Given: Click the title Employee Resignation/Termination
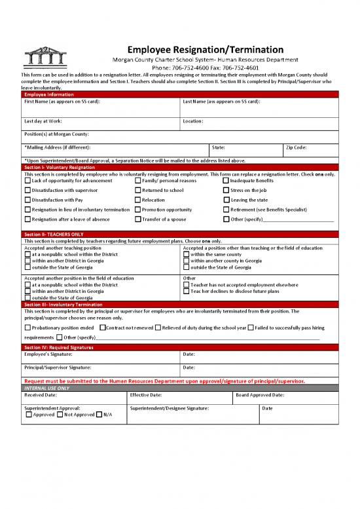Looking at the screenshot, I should tap(205, 50).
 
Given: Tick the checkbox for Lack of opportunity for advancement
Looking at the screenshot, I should tap(27, 181).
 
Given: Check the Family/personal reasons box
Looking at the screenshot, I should tap(138, 181).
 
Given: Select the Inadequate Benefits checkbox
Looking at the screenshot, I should tap(226, 181).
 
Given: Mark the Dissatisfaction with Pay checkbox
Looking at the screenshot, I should tap(27, 200).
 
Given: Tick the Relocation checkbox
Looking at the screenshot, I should tap(138, 200).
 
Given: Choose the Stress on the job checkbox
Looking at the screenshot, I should tap(226, 190).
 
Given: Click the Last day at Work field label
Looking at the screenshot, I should tap(43, 121).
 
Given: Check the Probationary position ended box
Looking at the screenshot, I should tap(27, 327).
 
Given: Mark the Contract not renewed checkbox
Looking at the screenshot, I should tap(103, 327).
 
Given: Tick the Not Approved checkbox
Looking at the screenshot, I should tap(60, 415).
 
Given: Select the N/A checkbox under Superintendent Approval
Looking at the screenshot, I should tap(99, 415).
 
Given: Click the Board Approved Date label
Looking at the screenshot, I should tap(278, 395).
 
